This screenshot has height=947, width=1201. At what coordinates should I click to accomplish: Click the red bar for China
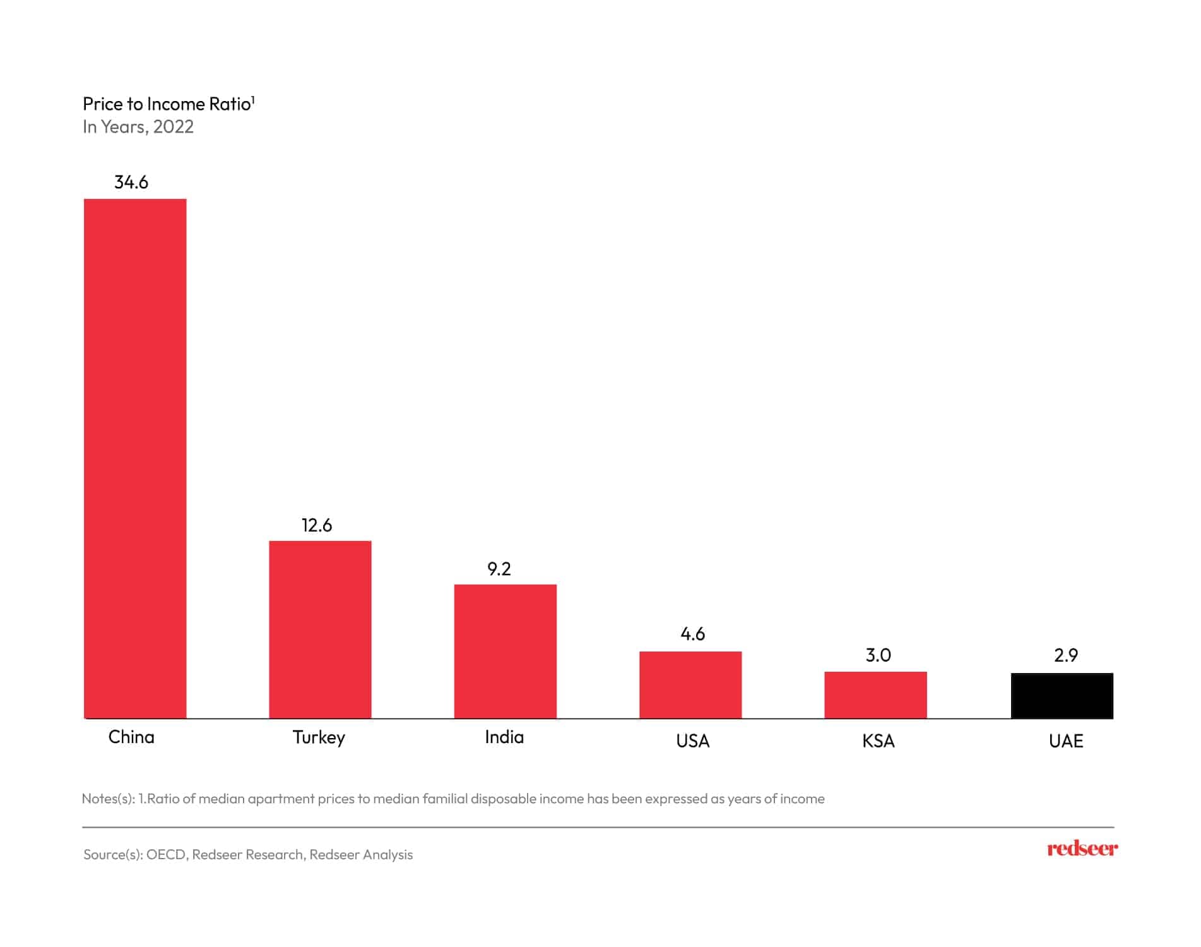click(x=135, y=458)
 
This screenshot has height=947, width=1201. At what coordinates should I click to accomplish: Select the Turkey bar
click(x=320, y=629)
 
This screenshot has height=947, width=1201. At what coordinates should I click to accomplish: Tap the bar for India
click(x=505, y=651)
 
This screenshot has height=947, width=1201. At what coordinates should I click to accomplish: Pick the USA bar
click(x=690, y=684)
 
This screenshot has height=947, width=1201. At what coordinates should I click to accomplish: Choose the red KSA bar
click(x=875, y=694)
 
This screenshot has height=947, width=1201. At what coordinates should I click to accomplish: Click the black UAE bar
click(x=1062, y=695)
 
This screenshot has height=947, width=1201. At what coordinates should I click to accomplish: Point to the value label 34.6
click(x=131, y=182)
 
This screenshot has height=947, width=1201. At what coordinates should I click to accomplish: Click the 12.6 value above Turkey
click(x=317, y=525)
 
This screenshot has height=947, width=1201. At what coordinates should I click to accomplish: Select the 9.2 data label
click(x=499, y=569)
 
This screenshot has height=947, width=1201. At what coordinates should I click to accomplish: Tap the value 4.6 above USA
click(x=692, y=634)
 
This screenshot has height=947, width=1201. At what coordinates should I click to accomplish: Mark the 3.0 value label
click(x=878, y=655)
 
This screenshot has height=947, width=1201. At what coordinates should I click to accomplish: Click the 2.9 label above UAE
click(x=1066, y=655)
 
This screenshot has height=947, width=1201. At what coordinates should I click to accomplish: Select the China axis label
click(x=131, y=737)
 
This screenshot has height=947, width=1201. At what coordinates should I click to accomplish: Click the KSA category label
click(x=878, y=741)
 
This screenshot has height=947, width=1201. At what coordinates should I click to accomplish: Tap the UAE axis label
click(x=1066, y=741)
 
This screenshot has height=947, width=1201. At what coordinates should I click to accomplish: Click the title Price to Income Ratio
click(x=168, y=104)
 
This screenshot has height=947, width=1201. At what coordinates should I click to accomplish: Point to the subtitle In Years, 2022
click(x=138, y=127)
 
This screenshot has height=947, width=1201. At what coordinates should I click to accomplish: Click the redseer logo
click(x=1082, y=849)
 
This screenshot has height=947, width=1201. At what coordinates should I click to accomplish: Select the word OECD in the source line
click(x=166, y=854)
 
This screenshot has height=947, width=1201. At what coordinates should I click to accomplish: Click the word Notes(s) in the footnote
click(x=108, y=799)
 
